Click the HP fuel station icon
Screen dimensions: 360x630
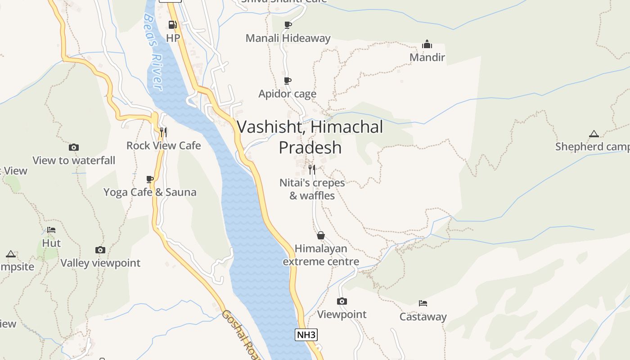click(x=172, y=24)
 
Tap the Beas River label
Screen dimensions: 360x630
click(x=153, y=52)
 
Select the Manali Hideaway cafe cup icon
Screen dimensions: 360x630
click(x=288, y=25)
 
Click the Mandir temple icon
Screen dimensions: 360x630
click(x=427, y=44)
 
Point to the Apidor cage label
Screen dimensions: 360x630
click(x=287, y=94)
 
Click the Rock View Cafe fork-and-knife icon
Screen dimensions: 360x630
click(x=163, y=132)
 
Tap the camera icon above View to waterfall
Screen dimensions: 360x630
click(x=74, y=147)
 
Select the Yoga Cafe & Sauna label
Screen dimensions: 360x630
click(x=150, y=192)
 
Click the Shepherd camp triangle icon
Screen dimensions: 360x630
click(x=594, y=134)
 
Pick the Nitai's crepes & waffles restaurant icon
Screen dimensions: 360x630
click(x=312, y=169)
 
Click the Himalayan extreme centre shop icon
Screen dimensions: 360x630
click(x=321, y=235)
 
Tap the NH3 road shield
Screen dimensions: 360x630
click(x=306, y=334)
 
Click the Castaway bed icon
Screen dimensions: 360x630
click(x=423, y=303)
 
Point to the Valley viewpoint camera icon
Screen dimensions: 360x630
click(x=100, y=250)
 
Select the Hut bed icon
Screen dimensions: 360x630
click(x=51, y=230)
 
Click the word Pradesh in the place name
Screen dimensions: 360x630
click(x=310, y=148)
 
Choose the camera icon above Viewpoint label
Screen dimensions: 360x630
click(x=342, y=301)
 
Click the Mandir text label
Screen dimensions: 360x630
click(x=427, y=57)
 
